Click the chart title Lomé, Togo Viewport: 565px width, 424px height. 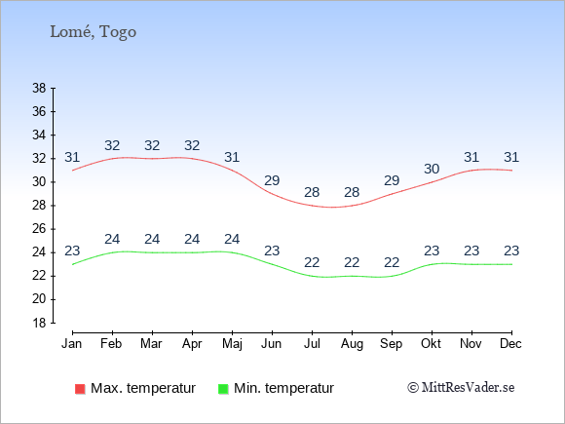click(93, 32)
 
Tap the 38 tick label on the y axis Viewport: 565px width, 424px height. click(39, 88)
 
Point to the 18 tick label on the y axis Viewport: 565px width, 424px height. click(39, 323)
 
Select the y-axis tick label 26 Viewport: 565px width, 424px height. click(39, 229)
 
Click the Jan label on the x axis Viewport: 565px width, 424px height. click(72, 344)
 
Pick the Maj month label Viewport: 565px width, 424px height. click(232, 344)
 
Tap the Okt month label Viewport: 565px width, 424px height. click(431, 344)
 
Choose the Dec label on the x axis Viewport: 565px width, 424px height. click(511, 344)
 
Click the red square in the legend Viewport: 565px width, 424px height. click(80, 389)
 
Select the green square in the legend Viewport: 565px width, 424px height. click(223, 389)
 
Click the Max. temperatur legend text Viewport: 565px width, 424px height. click(143, 388)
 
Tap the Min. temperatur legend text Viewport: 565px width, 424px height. click(283, 388)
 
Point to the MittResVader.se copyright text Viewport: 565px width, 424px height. click(461, 388)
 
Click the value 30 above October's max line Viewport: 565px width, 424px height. click(432, 169)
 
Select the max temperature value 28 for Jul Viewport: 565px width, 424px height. click(312, 192)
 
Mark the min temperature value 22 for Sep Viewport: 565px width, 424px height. click(392, 262)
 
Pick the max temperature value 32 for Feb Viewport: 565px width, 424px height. click(112, 145)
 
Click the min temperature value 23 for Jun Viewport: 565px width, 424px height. click(272, 251)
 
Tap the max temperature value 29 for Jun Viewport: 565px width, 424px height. click(272, 180)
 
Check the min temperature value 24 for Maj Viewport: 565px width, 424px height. click(232, 239)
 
